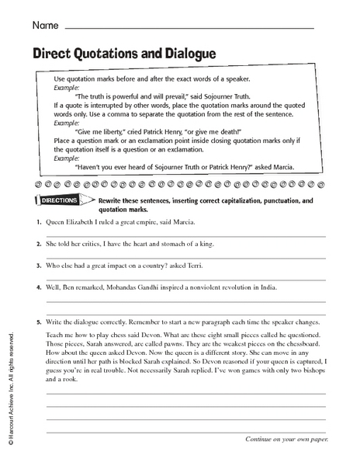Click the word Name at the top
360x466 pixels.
pos(45,27)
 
